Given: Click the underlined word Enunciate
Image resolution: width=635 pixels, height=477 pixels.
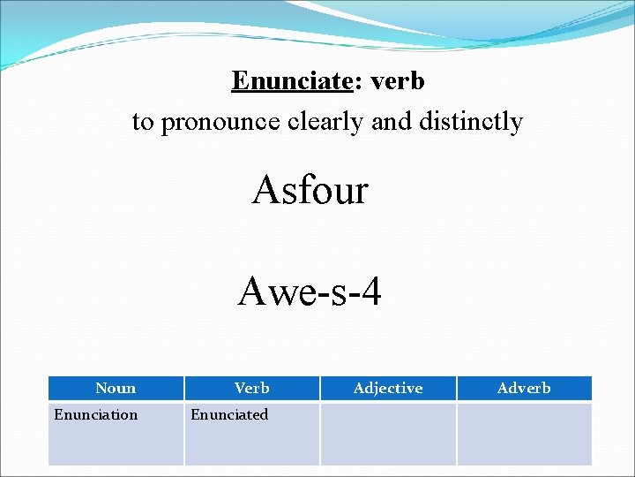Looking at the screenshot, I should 292,81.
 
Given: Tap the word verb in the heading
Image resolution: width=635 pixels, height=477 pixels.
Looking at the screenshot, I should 398,81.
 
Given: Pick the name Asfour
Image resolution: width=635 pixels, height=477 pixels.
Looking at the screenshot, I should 310,189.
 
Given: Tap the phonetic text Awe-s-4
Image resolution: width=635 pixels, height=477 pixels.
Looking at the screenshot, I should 310,291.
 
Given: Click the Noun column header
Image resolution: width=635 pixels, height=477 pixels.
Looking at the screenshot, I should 116,388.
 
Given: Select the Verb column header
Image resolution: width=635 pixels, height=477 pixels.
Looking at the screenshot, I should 252,388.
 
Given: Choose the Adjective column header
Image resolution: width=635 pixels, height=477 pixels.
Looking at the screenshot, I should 388,388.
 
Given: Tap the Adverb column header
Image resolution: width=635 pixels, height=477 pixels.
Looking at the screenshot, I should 524,388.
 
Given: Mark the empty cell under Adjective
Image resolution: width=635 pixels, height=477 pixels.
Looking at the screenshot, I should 388,433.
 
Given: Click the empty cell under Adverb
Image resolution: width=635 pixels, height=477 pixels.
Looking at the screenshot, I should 524,433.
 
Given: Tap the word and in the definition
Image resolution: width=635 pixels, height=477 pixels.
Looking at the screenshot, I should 391,121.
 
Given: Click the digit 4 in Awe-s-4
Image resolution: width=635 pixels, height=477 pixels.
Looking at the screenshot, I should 370,291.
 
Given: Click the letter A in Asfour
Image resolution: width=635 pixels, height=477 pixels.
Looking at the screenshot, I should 265,189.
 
